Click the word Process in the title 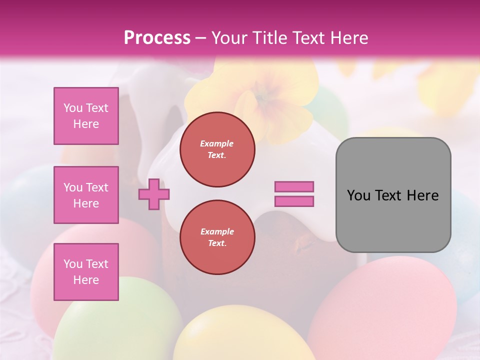tap(157, 37)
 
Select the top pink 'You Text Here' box tap(86, 116)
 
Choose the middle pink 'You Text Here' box tap(86, 195)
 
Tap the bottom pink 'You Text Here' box tap(86, 271)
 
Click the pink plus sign tap(154, 193)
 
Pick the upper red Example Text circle tap(217, 149)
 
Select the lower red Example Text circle tap(217, 237)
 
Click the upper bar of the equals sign tap(294, 186)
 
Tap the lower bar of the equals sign tap(294, 201)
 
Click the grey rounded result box tap(393, 194)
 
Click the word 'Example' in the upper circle tap(217, 143)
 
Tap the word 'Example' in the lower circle tap(217, 231)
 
